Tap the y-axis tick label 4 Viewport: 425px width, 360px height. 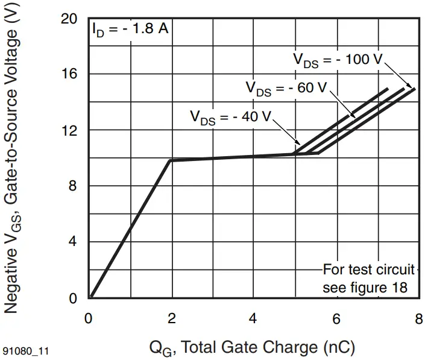pos(72,242)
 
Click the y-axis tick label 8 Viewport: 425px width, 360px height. pos(72,186)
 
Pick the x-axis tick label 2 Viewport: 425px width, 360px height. pos(171,319)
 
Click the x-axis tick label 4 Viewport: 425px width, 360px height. pos(254,319)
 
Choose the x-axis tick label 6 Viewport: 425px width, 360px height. pos(336,319)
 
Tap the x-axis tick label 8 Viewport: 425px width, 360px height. pos(418,319)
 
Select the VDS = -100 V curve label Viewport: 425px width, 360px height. pos(338,60)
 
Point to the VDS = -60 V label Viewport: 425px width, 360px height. pos(286,88)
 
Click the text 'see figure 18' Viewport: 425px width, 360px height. pos(365,288)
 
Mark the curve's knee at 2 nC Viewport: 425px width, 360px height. pos(171,160)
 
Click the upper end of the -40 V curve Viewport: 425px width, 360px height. pos(387,89)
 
